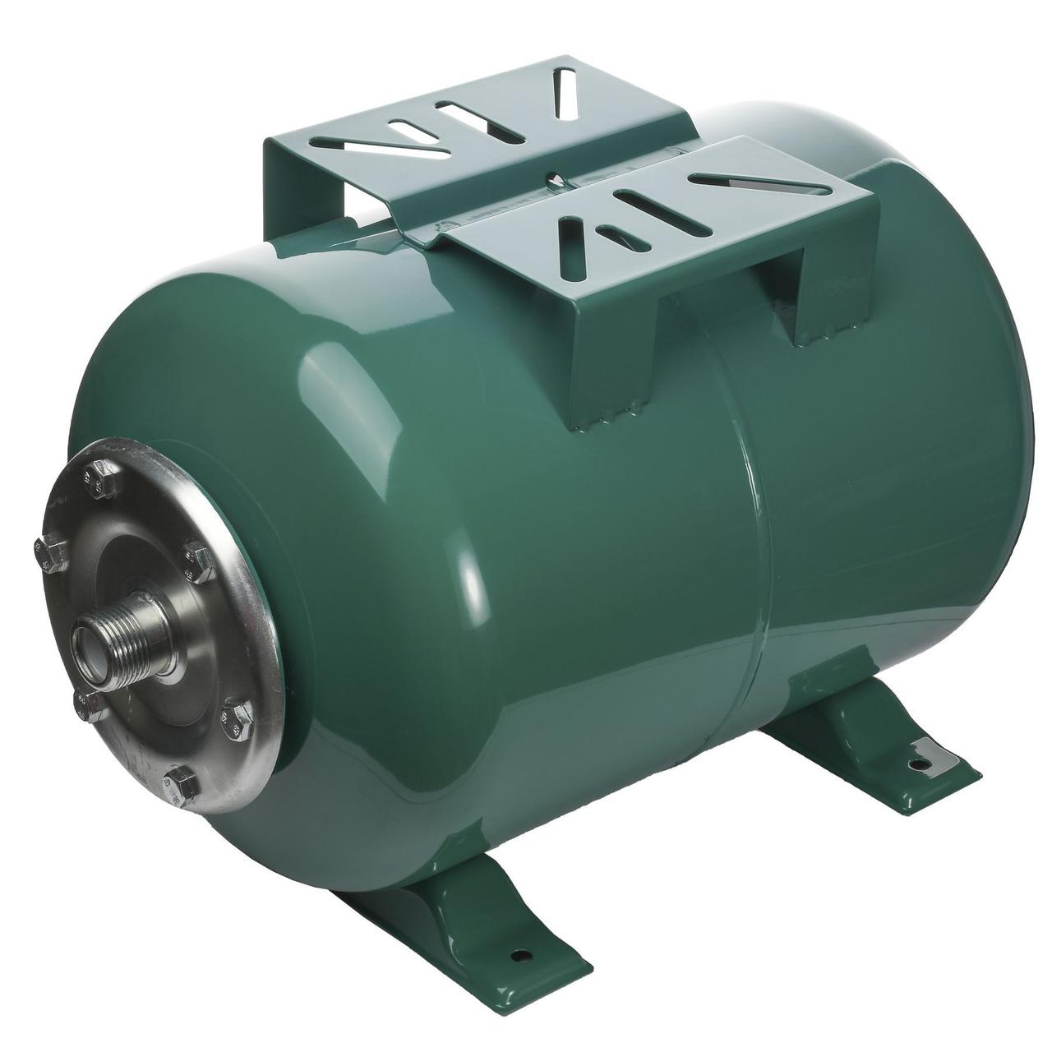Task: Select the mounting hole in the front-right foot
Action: click(915, 766)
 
